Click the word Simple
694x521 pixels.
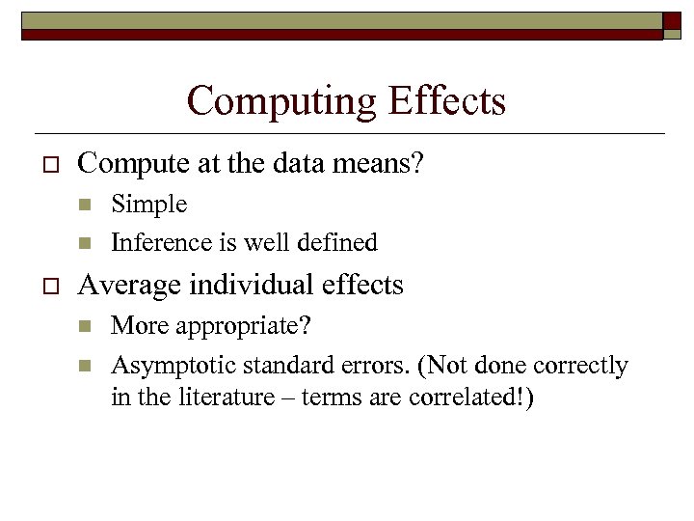149,205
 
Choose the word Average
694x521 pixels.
121,286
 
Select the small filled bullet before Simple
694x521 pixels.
83,205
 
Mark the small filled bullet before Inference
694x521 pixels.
83,242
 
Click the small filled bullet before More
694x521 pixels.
83,326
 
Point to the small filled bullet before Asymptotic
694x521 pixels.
83,367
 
